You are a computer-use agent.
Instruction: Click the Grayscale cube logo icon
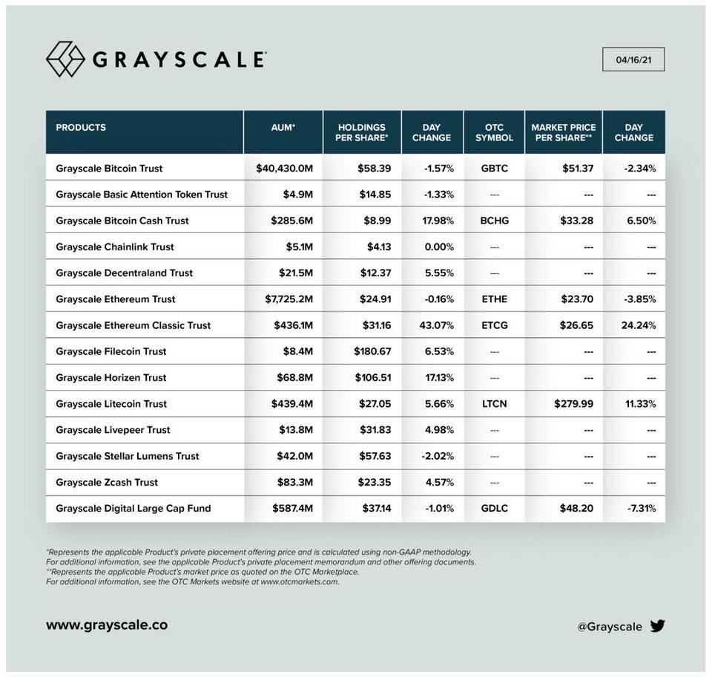[65, 59]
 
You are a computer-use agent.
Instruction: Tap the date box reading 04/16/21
[633, 59]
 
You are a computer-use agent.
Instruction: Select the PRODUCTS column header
[81, 128]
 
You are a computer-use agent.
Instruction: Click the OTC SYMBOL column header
[494, 132]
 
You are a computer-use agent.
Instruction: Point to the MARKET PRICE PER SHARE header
[564, 132]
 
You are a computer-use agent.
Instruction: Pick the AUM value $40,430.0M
[285, 169]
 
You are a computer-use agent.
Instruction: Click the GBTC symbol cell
[494, 169]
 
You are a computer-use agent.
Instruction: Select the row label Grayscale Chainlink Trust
[114, 247]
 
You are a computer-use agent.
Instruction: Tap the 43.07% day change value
[439, 325]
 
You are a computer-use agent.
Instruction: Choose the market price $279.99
[574, 404]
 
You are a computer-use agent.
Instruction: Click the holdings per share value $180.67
[372, 351]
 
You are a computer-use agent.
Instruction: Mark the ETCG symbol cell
[494, 325]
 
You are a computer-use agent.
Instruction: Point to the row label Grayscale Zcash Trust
[107, 482]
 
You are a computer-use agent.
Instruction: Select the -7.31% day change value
[640, 509]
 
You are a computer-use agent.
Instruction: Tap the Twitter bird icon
[657, 626]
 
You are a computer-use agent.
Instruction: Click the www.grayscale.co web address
[107, 625]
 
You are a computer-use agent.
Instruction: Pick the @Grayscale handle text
[610, 627]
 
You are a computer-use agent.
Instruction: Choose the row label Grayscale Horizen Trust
[111, 377]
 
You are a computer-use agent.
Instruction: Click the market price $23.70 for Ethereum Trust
[578, 299]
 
